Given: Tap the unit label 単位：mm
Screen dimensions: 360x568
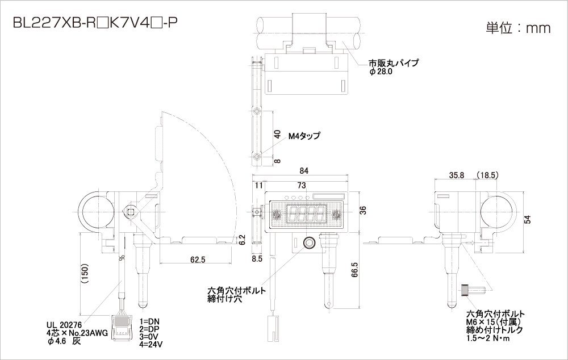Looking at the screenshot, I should (x=518, y=28).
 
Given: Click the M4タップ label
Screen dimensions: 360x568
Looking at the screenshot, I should (x=304, y=136).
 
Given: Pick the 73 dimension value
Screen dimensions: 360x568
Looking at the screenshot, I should (x=302, y=185).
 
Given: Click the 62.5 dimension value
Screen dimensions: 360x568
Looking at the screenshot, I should (x=198, y=259).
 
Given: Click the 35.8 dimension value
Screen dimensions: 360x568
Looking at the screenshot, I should (x=456, y=175).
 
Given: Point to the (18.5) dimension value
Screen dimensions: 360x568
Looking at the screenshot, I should (x=487, y=175).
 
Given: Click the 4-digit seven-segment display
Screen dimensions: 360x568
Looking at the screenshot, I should (x=307, y=214).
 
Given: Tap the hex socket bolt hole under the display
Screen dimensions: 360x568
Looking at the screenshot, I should (x=309, y=243).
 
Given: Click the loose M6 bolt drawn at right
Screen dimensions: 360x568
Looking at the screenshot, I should (x=473, y=291).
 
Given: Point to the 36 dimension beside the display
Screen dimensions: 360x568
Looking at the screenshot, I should (x=362, y=210).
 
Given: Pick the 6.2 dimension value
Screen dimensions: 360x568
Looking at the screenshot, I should (x=243, y=240).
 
